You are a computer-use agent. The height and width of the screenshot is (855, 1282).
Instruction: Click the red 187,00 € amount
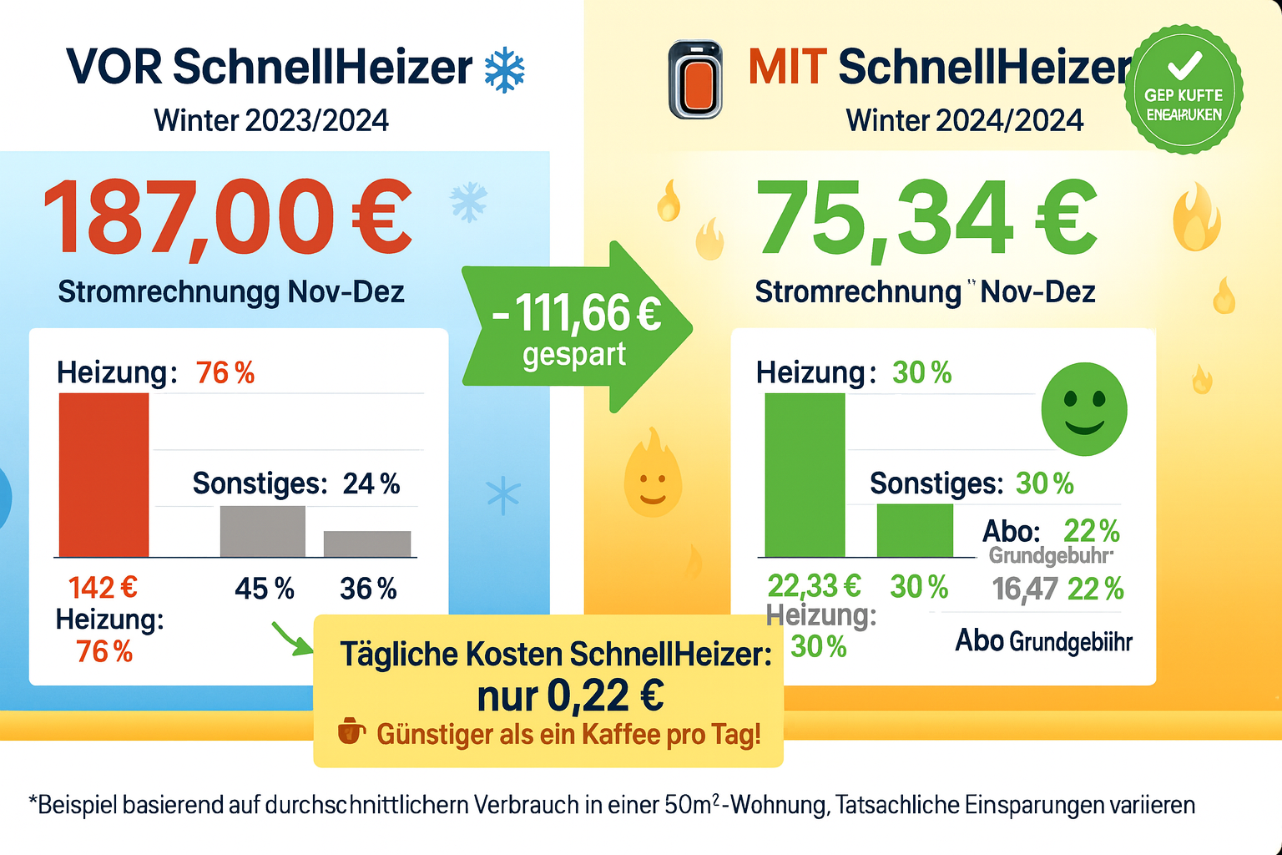click(x=227, y=218)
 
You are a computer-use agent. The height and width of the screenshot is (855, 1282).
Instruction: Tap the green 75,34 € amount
click(x=926, y=218)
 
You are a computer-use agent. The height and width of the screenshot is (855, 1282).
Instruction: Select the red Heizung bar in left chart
click(x=103, y=474)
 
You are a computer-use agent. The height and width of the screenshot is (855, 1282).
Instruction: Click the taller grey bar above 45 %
click(x=262, y=531)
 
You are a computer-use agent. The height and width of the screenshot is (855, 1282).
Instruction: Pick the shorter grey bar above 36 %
click(x=367, y=544)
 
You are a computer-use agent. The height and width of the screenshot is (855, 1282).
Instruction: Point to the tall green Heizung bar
click(x=805, y=474)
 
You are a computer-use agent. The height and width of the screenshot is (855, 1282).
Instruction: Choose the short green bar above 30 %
click(x=915, y=530)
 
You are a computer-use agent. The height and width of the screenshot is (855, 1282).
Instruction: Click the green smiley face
click(x=1084, y=409)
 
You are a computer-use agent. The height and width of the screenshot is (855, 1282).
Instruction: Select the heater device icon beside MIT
click(x=695, y=80)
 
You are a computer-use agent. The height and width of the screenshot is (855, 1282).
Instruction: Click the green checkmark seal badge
click(x=1184, y=89)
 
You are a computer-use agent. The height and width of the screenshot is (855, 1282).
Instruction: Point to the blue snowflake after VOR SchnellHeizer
click(x=504, y=70)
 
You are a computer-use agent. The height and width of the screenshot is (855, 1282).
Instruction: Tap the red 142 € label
click(x=103, y=588)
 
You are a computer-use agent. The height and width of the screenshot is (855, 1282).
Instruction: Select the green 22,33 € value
click(x=814, y=586)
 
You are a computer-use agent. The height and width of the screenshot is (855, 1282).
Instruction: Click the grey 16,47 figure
click(x=1025, y=589)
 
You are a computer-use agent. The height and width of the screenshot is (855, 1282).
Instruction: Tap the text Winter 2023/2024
click(x=271, y=121)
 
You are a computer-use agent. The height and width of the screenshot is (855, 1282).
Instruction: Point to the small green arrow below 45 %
click(x=290, y=639)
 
